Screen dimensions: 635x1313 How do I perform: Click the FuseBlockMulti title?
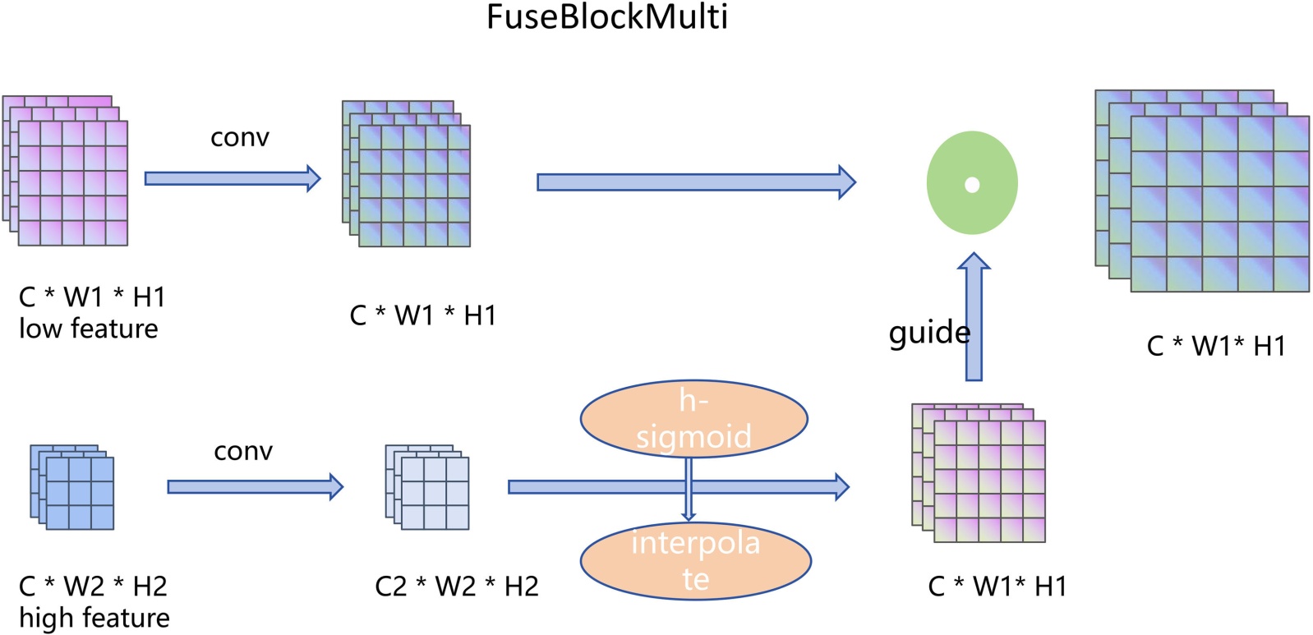[x=606, y=17]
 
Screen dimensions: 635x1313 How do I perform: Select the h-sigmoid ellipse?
[x=693, y=419]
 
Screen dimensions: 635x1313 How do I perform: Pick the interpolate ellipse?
[x=695, y=560]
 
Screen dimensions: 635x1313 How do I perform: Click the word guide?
[x=928, y=333]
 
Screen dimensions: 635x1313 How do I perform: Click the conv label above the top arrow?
[x=239, y=137]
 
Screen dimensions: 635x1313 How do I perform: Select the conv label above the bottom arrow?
[x=243, y=451]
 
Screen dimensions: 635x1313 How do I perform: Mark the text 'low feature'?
[x=89, y=329]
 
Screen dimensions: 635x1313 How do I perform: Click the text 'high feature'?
[x=94, y=618]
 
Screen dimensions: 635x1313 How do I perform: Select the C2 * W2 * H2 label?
[x=457, y=587]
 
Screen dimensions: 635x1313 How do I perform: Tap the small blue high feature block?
[x=72, y=487]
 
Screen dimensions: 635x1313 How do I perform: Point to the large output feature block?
[x=1202, y=191]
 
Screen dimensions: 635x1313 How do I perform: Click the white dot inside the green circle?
[x=972, y=185]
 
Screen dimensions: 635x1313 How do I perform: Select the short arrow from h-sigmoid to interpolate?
[x=689, y=490]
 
